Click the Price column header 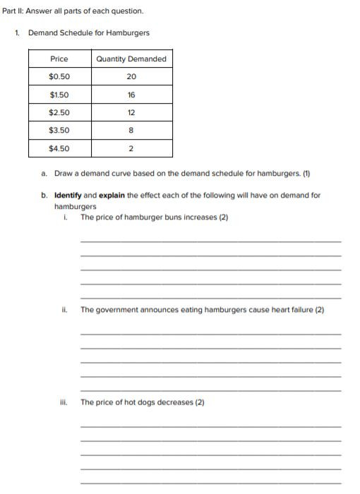pyautogui.click(x=59, y=59)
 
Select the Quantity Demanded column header pyautogui.click(x=131, y=59)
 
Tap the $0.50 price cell pyautogui.click(x=59, y=76)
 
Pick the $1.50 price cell pyautogui.click(x=59, y=95)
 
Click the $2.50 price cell pyautogui.click(x=59, y=112)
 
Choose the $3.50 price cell pyautogui.click(x=59, y=131)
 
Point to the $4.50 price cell pyautogui.click(x=59, y=148)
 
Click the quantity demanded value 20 pyautogui.click(x=131, y=76)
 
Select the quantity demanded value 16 pyautogui.click(x=131, y=95)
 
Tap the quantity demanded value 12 pyautogui.click(x=131, y=112)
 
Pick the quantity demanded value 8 pyautogui.click(x=131, y=131)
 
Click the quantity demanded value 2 pyautogui.click(x=131, y=148)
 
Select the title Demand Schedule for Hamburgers pyautogui.click(x=89, y=33)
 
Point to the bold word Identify pyautogui.click(x=68, y=195)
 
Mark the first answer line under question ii pyautogui.click(x=210, y=333)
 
